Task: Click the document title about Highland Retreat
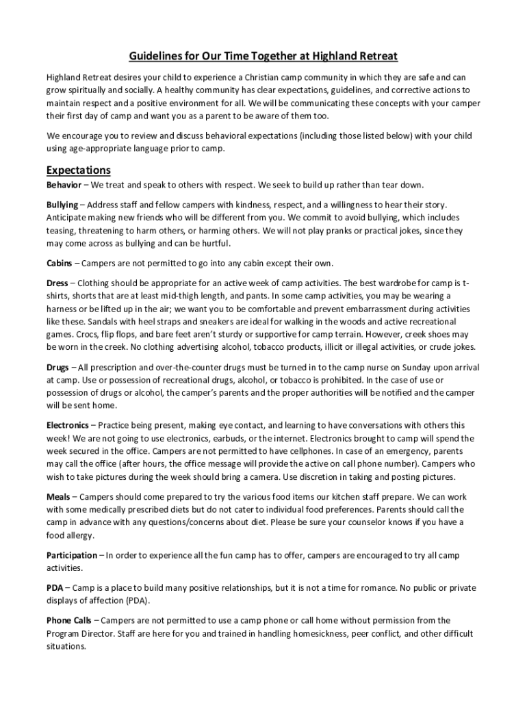click(x=263, y=55)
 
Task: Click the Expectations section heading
click(x=78, y=170)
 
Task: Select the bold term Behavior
click(x=63, y=185)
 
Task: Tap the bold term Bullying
click(x=62, y=205)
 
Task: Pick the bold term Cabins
click(x=60, y=264)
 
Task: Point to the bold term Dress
click(x=57, y=283)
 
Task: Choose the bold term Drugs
click(x=57, y=368)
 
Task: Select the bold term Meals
click(x=58, y=497)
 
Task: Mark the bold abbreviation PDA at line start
click(x=55, y=588)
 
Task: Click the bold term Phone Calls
click(x=68, y=621)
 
